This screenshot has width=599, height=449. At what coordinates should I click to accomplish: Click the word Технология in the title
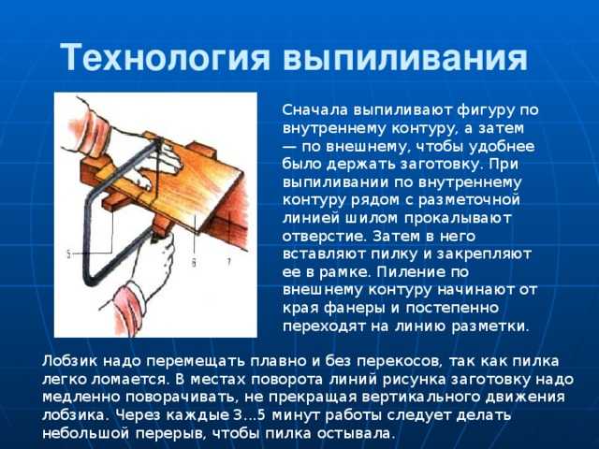165,58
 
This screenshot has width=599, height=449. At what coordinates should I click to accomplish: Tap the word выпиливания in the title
405,58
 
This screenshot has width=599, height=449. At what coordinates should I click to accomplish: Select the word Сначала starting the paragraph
315,110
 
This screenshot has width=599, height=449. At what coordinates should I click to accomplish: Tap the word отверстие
325,237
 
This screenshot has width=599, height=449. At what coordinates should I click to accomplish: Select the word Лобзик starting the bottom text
69,361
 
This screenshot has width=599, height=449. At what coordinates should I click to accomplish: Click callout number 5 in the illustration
68,254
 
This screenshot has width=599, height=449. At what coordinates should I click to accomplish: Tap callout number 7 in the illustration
228,262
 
